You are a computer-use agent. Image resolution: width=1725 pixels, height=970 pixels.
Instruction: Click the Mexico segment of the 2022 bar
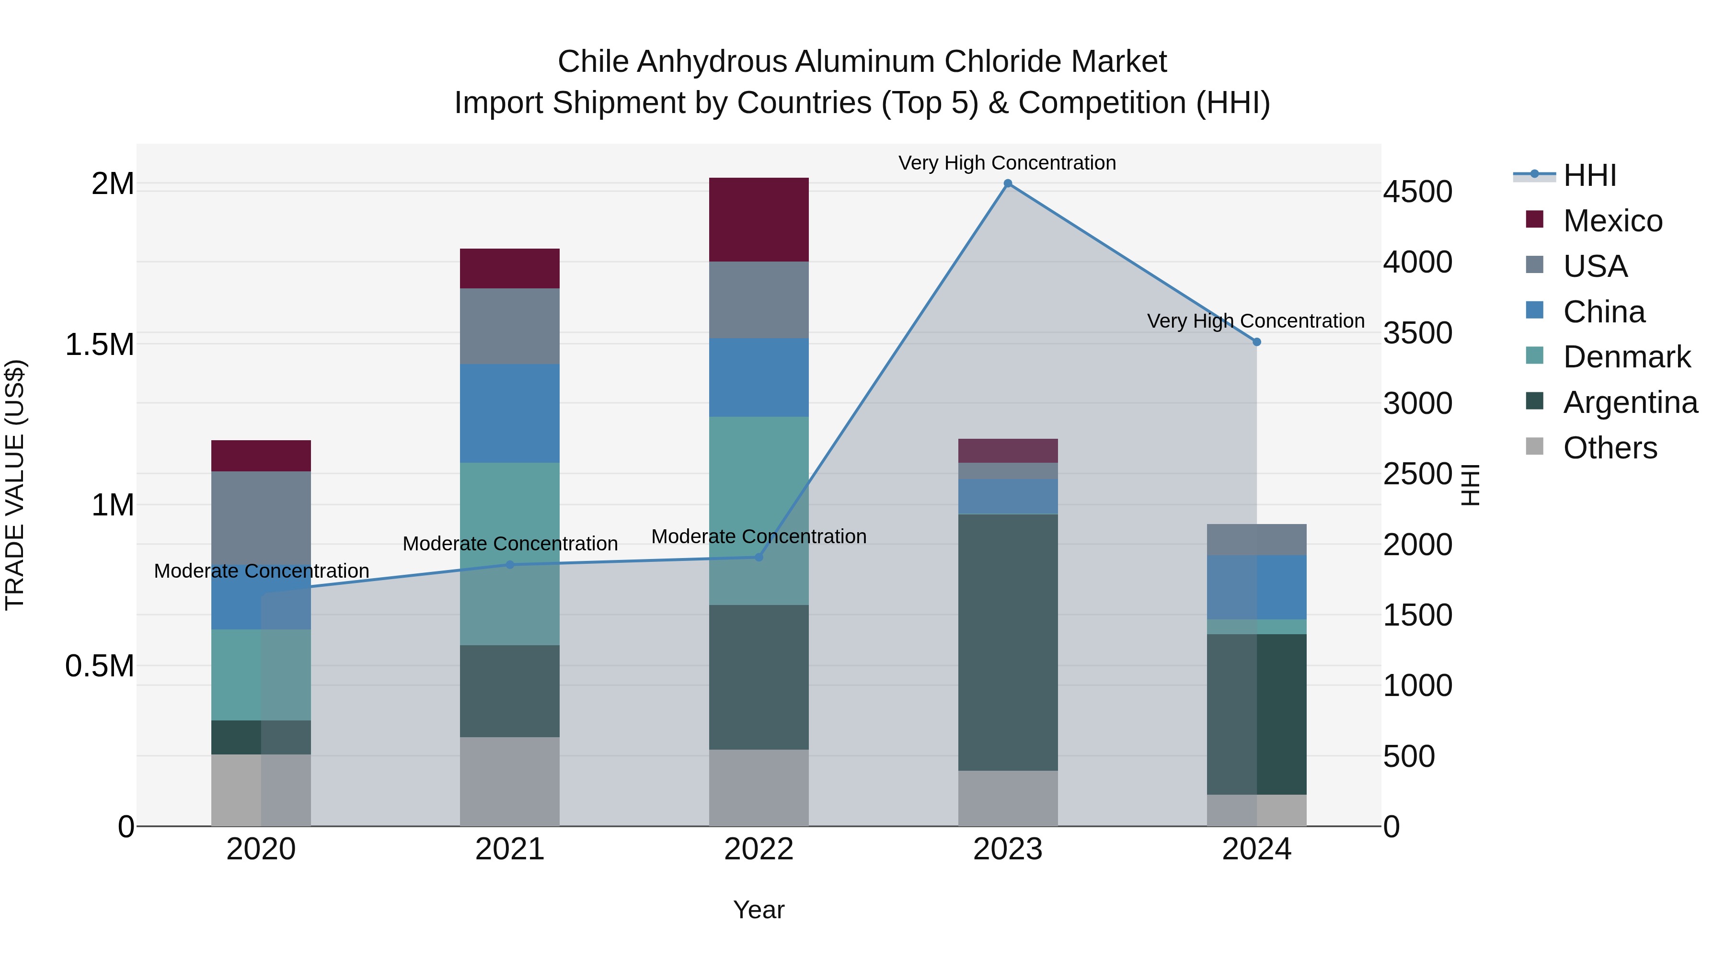coord(759,219)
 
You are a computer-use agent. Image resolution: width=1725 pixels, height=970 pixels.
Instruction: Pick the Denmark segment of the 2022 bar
coord(759,510)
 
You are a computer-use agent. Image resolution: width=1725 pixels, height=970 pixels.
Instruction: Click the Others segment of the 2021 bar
coord(510,781)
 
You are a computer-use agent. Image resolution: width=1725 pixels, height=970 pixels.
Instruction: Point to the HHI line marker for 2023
coord(1007,183)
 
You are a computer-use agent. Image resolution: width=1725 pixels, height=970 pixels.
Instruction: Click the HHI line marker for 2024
coord(1256,342)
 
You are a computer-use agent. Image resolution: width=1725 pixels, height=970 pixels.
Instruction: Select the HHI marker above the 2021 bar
coord(510,564)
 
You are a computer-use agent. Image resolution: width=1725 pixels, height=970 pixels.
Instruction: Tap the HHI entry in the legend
coord(1589,175)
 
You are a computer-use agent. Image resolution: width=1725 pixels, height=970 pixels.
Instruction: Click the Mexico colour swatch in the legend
coord(1534,219)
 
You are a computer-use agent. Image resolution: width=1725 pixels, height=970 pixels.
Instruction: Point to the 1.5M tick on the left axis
coord(100,345)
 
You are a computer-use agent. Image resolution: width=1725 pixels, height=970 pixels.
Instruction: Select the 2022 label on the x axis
coord(759,849)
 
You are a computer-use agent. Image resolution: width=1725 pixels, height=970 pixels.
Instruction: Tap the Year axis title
coord(759,910)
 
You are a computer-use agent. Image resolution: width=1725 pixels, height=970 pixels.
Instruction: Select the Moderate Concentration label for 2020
coord(261,571)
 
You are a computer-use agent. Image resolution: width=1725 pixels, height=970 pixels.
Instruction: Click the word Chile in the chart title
coord(593,62)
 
